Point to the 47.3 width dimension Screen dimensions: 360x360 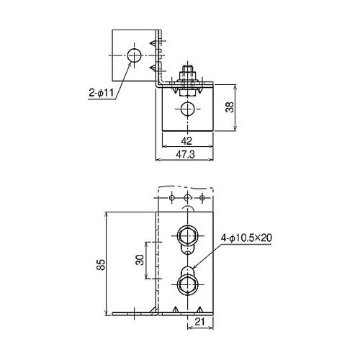[x=186, y=154]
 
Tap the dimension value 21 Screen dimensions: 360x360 [x=202, y=323]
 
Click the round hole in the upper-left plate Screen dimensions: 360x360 [x=133, y=55]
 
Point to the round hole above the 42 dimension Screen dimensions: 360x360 [x=187, y=109]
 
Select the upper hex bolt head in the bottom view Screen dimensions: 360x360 [x=187, y=235]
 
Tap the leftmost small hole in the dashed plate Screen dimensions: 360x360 [x=171, y=197]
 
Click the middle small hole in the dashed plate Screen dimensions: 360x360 [x=187, y=197]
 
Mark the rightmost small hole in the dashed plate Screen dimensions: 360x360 [x=204, y=197]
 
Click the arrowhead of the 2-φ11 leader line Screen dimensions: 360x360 [x=131, y=62]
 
